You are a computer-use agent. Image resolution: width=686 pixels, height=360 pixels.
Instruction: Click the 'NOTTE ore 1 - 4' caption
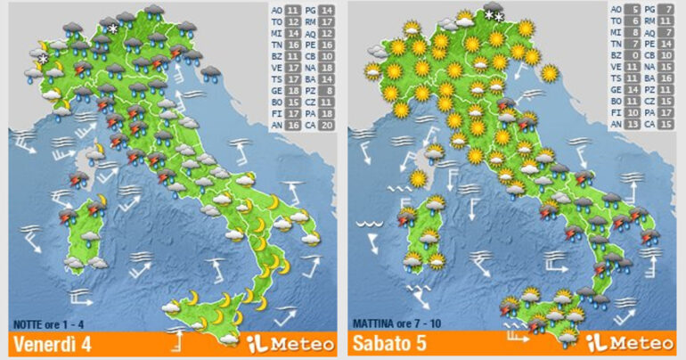click(x=50, y=323)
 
